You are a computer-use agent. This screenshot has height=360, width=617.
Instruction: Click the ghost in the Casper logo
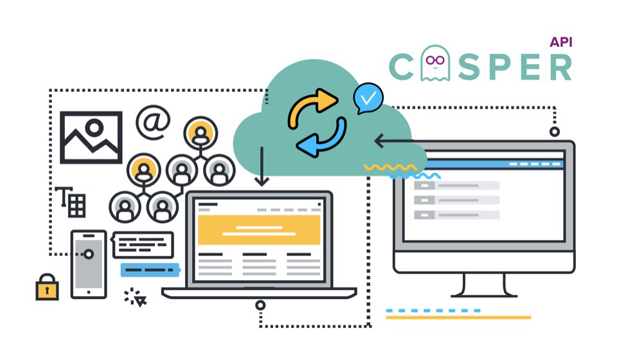point(435,63)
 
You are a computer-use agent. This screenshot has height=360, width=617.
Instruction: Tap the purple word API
point(560,42)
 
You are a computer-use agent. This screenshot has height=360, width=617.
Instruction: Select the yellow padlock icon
point(47,287)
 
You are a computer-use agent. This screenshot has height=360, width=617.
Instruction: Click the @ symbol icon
point(153,122)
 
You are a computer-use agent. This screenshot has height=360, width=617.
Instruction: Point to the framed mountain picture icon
point(91,138)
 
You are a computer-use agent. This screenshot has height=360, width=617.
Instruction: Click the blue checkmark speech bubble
point(368,98)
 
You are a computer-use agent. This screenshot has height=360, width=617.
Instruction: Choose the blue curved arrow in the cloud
point(322,138)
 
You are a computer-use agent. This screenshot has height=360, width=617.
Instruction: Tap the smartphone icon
point(89,264)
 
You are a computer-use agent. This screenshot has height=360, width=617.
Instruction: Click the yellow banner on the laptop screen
point(259,230)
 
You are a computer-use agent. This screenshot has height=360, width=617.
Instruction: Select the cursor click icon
point(135,298)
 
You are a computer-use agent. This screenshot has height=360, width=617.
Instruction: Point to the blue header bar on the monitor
point(494,164)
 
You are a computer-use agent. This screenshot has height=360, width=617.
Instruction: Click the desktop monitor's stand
point(484,285)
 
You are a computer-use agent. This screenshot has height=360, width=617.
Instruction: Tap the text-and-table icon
point(71,202)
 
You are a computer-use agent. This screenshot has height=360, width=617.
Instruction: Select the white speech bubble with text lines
point(143,245)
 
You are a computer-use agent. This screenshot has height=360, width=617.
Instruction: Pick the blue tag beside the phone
point(150,270)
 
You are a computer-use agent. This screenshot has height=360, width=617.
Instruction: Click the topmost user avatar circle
point(201,133)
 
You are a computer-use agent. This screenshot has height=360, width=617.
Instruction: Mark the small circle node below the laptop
point(260,305)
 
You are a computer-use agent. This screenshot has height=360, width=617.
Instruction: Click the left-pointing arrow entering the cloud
point(393,141)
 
